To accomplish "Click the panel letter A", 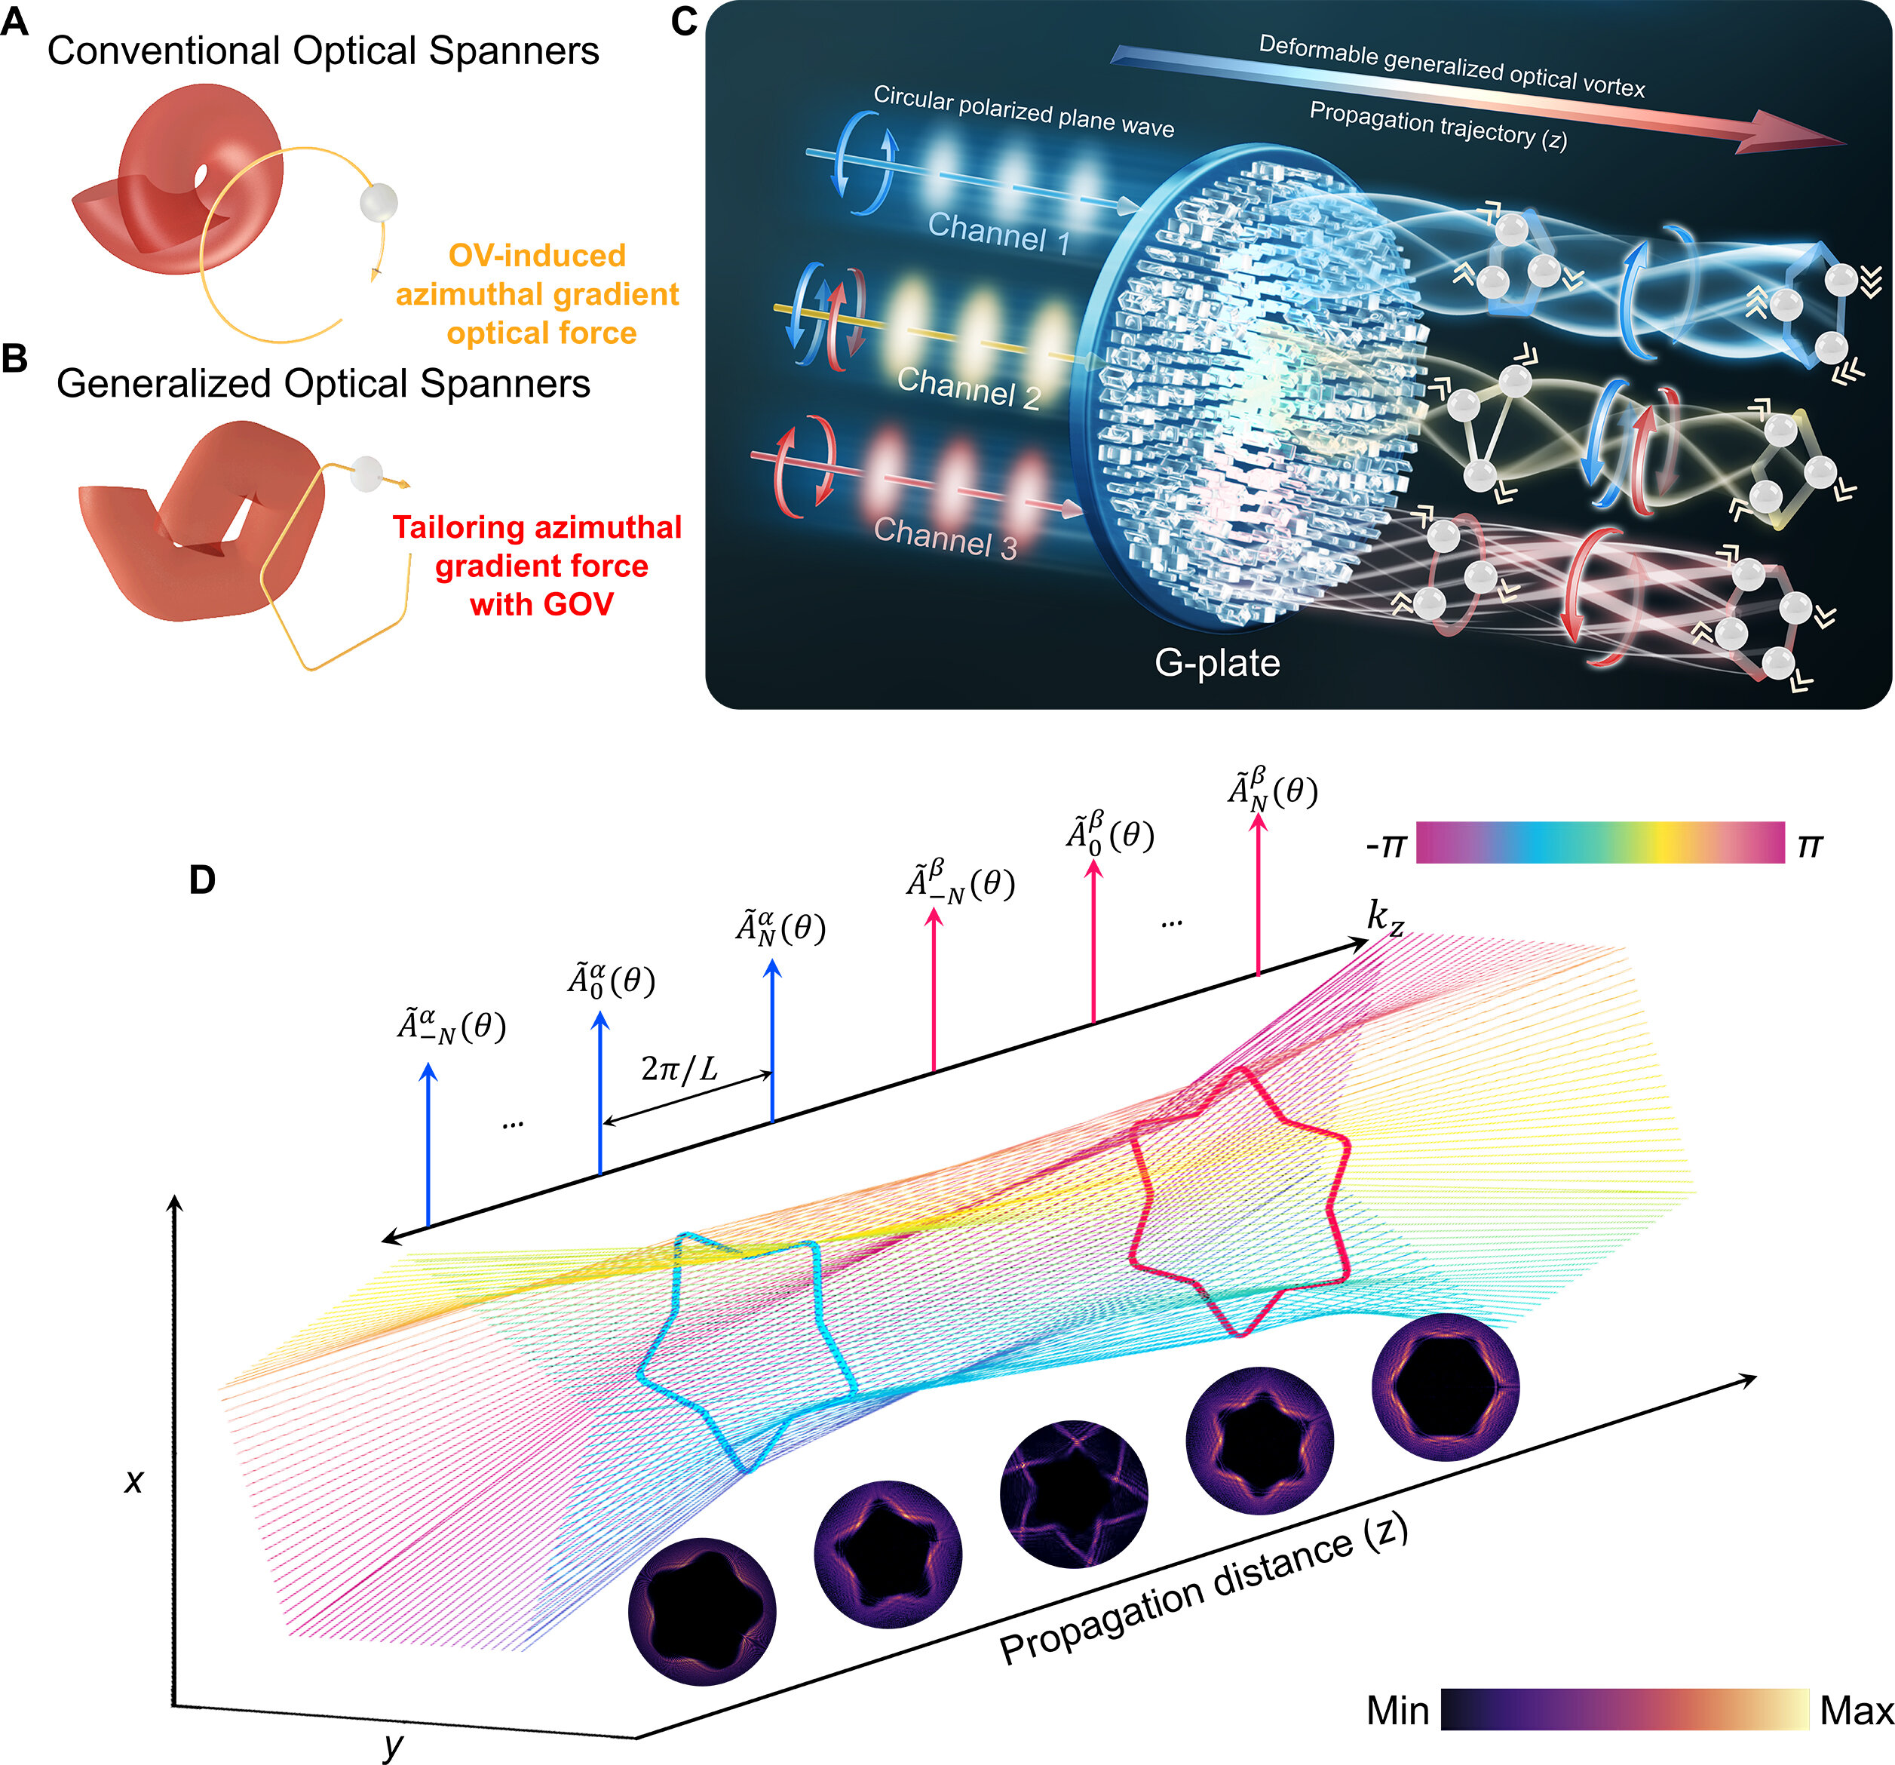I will pyautogui.click(x=14, y=20).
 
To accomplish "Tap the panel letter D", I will pyautogui.click(x=202, y=880).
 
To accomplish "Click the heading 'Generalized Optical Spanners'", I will pyautogui.click(x=323, y=383).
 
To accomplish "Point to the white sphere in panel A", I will pyautogui.click(x=379, y=202).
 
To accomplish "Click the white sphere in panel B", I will pyautogui.click(x=366, y=473).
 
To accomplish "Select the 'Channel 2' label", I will pyautogui.click(x=967, y=386).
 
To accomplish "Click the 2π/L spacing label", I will pyautogui.click(x=679, y=1069).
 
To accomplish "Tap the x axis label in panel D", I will pyautogui.click(x=134, y=1479).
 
